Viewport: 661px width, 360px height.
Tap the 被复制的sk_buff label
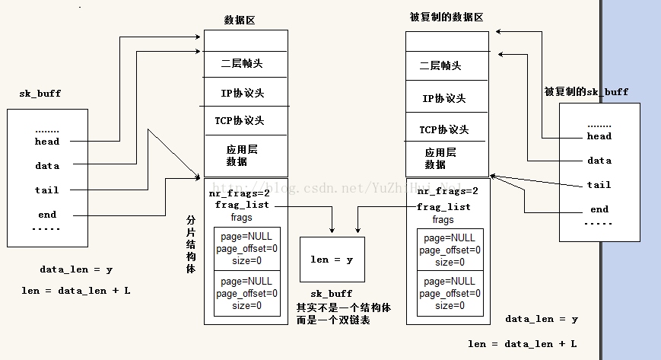586,91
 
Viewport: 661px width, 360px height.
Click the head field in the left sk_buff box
47,141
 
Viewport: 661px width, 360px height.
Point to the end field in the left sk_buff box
47,215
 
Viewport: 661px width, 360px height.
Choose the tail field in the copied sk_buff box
599,185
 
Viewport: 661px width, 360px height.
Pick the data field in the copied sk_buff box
599,161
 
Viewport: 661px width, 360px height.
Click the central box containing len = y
332,260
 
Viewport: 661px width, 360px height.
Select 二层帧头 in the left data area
242,64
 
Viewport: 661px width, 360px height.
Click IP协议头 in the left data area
242,94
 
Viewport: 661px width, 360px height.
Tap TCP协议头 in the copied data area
443,129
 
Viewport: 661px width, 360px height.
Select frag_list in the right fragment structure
443,207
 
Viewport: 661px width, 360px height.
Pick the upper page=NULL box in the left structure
246,248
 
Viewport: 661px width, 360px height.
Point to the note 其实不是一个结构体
333,307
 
